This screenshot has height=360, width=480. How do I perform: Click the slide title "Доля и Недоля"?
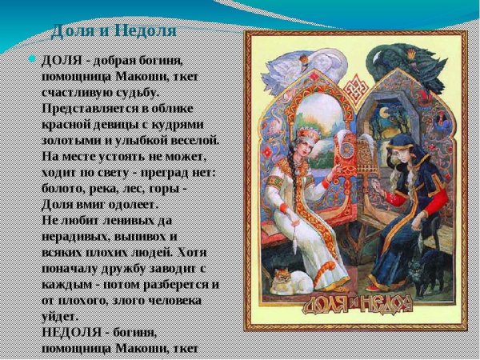tap(113, 32)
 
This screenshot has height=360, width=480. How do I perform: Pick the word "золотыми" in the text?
tap(71, 140)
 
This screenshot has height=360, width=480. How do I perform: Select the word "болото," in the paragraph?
tap(67, 188)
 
